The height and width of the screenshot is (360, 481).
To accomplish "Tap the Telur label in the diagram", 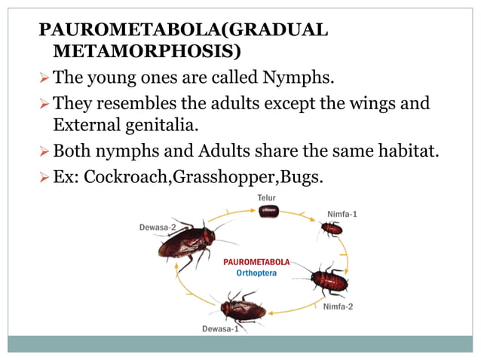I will [x=265, y=198].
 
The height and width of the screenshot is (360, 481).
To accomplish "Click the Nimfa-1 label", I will [x=342, y=214].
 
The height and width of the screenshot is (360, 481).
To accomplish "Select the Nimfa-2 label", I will [x=337, y=307].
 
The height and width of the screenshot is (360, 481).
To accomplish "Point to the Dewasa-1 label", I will [x=219, y=329].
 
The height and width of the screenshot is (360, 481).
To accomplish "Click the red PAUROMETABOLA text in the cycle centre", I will [x=256, y=262].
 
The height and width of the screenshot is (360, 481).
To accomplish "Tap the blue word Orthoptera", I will [x=256, y=273].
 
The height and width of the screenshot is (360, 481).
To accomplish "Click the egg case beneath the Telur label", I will [x=268, y=212].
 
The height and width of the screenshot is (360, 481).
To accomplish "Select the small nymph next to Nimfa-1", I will [x=331, y=228].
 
